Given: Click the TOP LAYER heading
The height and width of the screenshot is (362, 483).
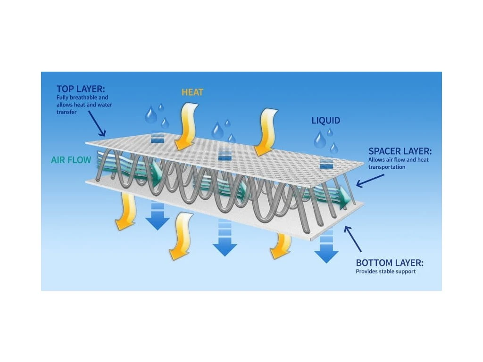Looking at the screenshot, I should [x=81, y=89].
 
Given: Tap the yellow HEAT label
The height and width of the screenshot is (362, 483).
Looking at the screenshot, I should [x=192, y=92].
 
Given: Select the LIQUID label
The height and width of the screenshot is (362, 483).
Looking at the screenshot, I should [x=325, y=120].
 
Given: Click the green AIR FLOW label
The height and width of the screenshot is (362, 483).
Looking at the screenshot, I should [x=71, y=160].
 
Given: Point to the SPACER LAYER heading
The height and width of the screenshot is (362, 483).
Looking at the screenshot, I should [x=400, y=152].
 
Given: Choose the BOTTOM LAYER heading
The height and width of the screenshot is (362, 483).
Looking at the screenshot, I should [x=390, y=263].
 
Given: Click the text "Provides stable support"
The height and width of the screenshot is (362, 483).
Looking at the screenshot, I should [x=386, y=271].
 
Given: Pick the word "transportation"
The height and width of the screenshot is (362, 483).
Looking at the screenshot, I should [x=387, y=167].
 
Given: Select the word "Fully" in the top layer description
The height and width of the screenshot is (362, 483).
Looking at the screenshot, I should [x=63, y=98].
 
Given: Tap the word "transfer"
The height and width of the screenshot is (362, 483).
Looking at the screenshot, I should [x=67, y=112].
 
